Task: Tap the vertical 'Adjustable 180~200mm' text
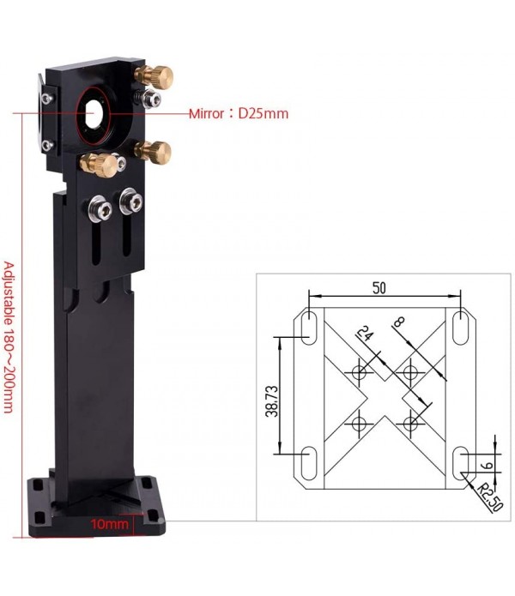pyautogui.click(x=10, y=337)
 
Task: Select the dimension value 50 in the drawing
pyautogui.click(x=378, y=288)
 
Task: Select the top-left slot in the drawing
pyautogui.click(x=307, y=329)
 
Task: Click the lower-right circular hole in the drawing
pyautogui.click(x=411, y=422)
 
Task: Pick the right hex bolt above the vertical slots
pyautogui.click(x=131, y=202)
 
